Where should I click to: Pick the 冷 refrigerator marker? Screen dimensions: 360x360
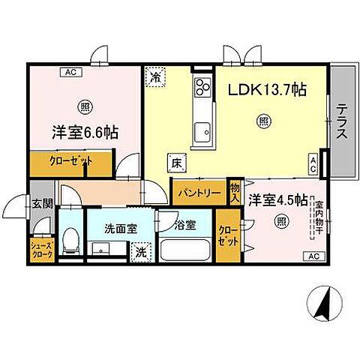coord(156,76)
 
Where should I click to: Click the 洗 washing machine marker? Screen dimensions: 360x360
coord(140,253)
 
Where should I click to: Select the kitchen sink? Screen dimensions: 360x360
coord(202,134)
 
